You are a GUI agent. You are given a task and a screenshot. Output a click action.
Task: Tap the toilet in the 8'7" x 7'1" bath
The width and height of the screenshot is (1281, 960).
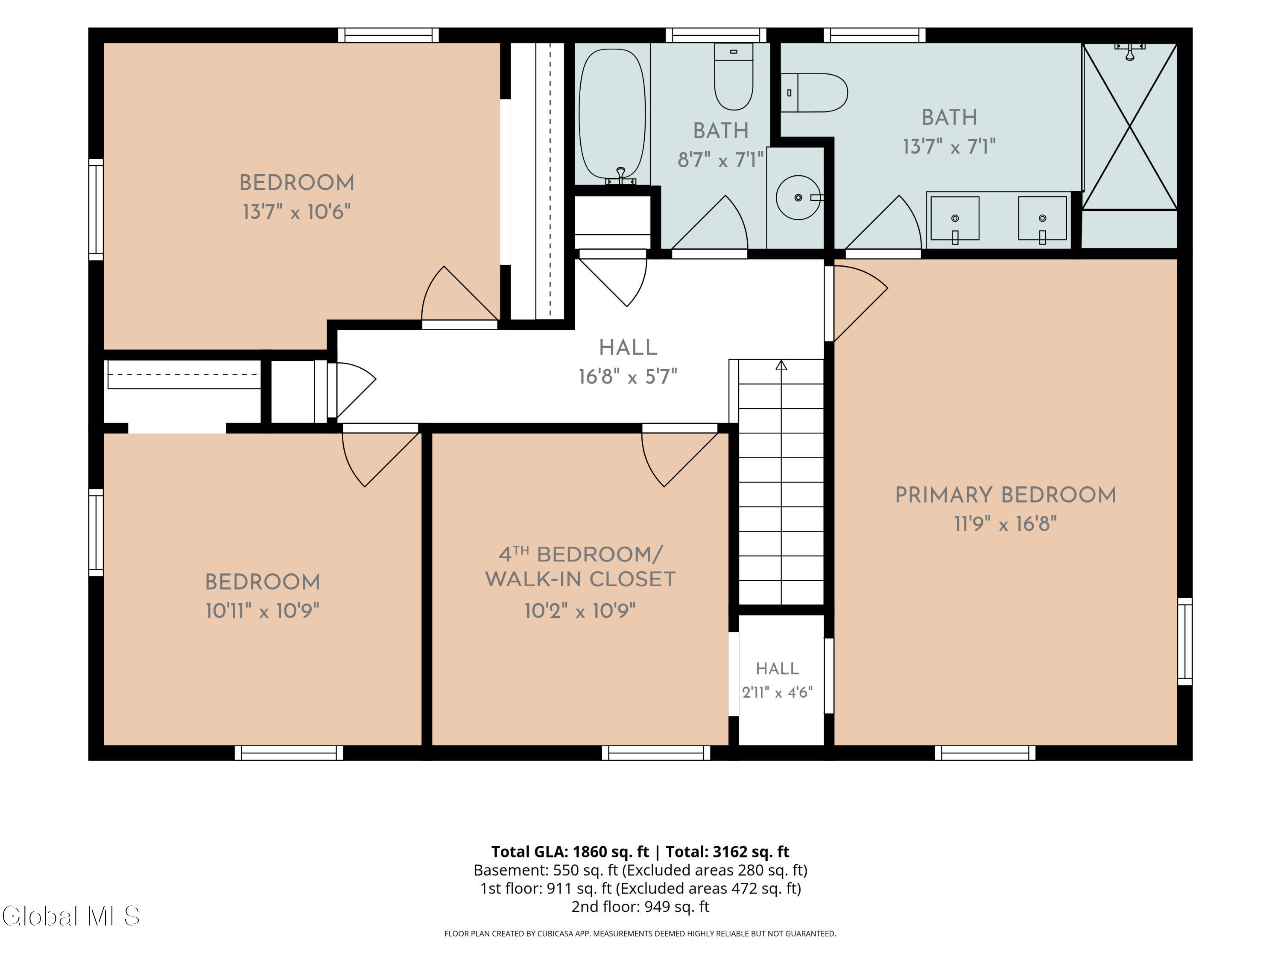(x=733, y=76)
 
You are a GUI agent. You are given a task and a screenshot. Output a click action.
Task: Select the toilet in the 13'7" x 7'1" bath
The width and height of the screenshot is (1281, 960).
(x=814, y=93)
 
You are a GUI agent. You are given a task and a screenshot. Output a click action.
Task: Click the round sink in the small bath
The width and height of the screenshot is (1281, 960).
(x=798, y=198)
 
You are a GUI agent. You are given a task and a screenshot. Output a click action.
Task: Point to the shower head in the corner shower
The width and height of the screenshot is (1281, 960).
(x=1129, y=50)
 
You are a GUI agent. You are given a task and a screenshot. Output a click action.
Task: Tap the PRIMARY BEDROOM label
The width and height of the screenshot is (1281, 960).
(x=1005, y=495)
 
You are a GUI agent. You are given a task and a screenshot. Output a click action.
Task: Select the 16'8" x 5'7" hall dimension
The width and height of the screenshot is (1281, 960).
(x=628, y=377)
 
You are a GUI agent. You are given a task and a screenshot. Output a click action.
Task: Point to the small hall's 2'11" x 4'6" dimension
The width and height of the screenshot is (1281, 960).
(x=777, y=692)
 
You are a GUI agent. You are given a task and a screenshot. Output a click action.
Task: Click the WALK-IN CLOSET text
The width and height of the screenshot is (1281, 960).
(x=580, y=579)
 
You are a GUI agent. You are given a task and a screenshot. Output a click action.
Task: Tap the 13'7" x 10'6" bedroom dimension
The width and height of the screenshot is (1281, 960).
(x=296, y=212)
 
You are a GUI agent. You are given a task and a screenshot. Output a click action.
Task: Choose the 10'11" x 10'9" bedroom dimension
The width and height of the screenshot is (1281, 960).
(x=262, y=611)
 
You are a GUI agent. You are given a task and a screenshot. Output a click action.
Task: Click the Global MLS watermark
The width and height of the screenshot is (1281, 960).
(x=70, y=916)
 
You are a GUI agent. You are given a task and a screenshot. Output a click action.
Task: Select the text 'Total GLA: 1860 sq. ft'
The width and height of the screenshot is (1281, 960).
(x=570, y=852)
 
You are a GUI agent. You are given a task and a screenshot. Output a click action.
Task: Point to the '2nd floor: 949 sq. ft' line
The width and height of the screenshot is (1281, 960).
(x=640, y=907)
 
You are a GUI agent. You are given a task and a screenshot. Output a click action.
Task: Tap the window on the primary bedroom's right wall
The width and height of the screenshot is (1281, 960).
(x=1185, y=641)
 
